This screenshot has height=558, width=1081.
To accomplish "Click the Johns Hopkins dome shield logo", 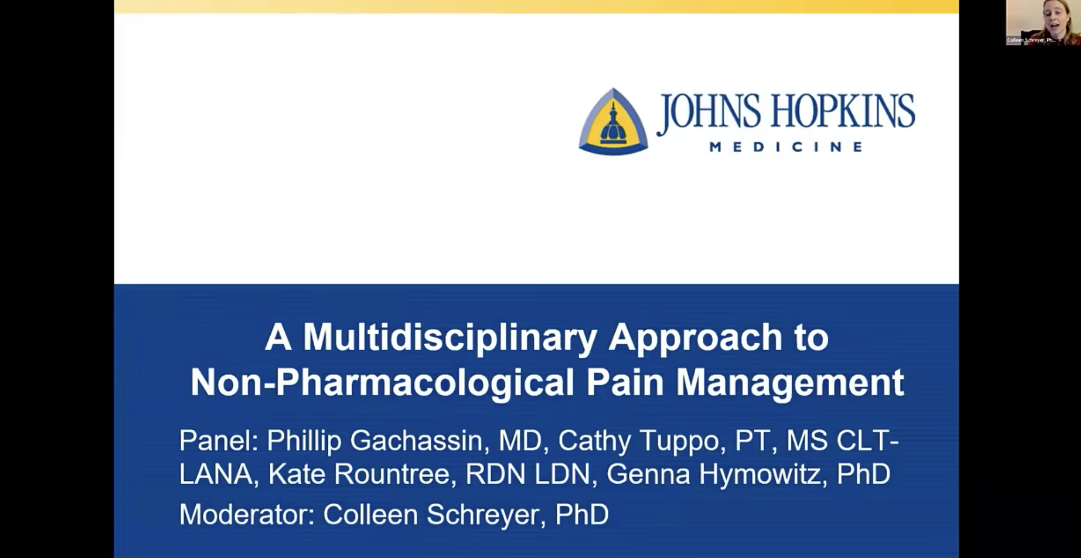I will click(x=613, y=122).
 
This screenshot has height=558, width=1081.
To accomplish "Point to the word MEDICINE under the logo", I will click(x=786, y=147).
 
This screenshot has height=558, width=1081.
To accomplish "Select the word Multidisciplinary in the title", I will click(x=450, y=338).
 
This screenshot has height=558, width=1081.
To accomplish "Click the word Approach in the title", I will click(x=695, y=338).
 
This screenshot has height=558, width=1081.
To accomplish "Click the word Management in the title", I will click(x=790, y=383).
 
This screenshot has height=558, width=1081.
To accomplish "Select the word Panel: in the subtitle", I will click(x=218, y=440).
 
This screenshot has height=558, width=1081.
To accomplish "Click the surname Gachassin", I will click(x=416, y=440).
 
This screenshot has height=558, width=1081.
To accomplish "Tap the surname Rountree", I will click(x=392, y=474).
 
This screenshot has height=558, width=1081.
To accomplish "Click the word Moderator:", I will click(x=247, y=514).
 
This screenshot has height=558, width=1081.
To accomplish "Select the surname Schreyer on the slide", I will click(x=486, y=515).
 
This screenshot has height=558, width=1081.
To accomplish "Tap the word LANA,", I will click(x=218, y=474).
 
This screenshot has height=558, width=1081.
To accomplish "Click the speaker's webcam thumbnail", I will click(x=1042, y=22).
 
